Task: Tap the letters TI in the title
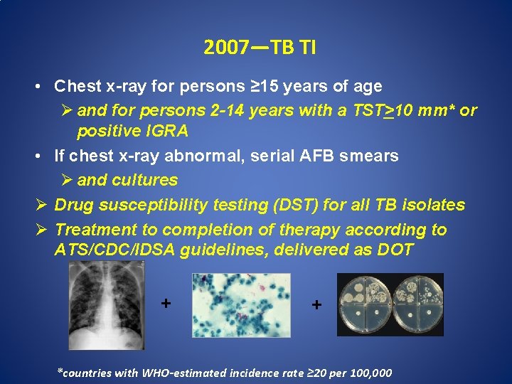point(306,48)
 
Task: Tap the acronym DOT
point(395,250)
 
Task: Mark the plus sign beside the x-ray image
point(166,304)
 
